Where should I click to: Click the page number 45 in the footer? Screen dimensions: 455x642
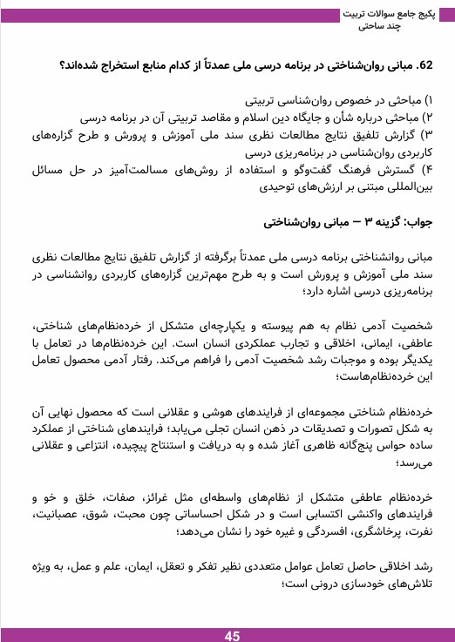(232, 636)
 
